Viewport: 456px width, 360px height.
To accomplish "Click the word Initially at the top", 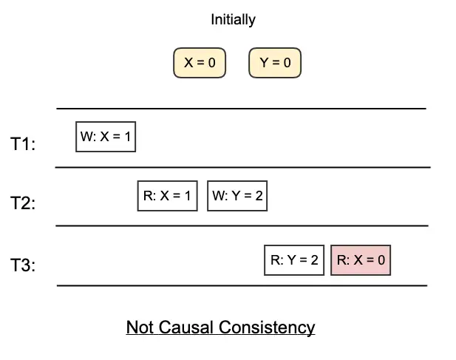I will pyautogui.click(x=233, y=20).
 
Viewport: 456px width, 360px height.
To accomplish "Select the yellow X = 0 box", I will pyautogui.click(x=200, y=63).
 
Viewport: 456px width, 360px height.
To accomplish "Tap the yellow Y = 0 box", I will pyautogui.click(x=276, y=63).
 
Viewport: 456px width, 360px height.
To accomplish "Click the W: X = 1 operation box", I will pyautogui.click(x=106, y=137).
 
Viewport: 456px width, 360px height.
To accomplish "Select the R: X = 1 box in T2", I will pyautogui.click(x=168, y=196).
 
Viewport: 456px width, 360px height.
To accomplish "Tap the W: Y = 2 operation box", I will pyautogui.click(x=236, y=196).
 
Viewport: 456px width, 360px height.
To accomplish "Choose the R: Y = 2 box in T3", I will pyautogui.click(x=294, y=259).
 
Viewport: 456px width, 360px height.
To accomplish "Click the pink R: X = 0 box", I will pyautogui.click(x=361, y=259).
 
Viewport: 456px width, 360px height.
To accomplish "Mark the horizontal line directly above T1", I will pyautogui.click(x=242, y=109).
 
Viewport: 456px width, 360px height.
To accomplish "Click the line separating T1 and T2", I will pyautogui.click(x=242, y=167).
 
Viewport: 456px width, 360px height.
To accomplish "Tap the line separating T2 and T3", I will pyautogui.click(x=242, y=225).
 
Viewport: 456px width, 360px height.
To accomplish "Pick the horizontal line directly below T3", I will pyautogui.click(x=242, y=285).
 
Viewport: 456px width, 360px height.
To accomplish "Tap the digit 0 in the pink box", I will pyautogui.click(x=381, y=259).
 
